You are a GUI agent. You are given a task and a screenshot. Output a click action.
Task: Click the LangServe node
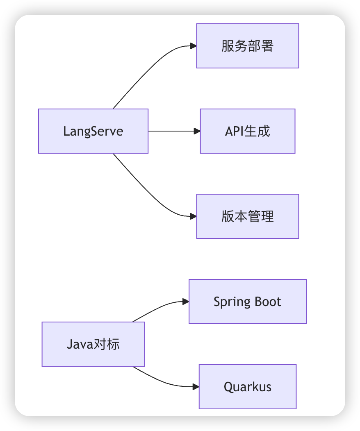pyautogui.click(x=93, y=131)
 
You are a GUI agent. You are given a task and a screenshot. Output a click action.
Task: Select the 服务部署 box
pyautogui.click(x=247, y=46)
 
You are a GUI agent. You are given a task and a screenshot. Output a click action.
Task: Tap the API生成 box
pyautogui.click(x=247, y=131)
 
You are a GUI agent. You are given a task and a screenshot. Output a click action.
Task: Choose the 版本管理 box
pyautogui.click(x=247, y=216)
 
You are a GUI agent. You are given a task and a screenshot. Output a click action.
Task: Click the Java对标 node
pyautogui.click(x=93, y=344)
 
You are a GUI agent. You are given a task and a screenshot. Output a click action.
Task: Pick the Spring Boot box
pyautogui.click(x=247, y=302)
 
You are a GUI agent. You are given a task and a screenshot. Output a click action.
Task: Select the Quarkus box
pyautogui.click(x=247, y=387)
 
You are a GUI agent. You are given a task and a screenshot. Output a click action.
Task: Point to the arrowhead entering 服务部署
pyautogui.click(x=194, y=46)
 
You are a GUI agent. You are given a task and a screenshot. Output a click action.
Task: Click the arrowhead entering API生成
pyautogui.click(x=197, y=131)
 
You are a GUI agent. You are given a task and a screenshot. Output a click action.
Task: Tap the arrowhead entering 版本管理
pyautogui.click(x=194, y=216)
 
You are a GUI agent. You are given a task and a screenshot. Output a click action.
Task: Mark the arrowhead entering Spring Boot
pyautogui.click(x=186, y=302)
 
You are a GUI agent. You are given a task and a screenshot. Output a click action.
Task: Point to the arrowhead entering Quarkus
pyautogui.click(x=196, y=387)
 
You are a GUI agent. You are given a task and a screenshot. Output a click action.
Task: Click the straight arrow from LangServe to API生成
pyautogui.click(x=172, y=131)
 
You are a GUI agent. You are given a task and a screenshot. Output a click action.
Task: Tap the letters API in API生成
pyautogui.click(x=234, y=131)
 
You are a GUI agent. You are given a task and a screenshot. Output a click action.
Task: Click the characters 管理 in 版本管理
pyautogui.click(x=261, y=216)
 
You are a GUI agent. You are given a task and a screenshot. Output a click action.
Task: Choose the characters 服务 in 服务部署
pyautogui.click(x=234, y=46)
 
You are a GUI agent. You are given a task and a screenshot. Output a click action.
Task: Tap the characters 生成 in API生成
pyautogui.click(x=257, y=131)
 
